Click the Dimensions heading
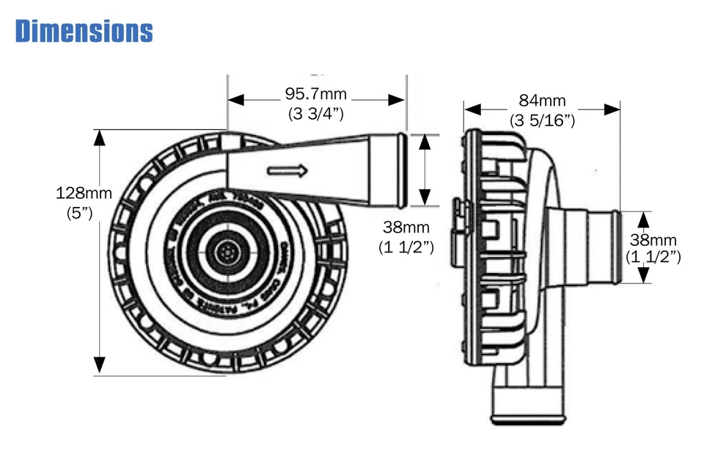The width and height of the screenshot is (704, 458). click(84, 30)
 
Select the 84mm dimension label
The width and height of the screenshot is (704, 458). click(542, 101)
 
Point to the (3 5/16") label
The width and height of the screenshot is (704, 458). click(542, 120)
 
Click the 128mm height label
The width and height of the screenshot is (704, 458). click(84, 193)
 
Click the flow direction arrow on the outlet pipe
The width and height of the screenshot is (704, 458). click(287, 171)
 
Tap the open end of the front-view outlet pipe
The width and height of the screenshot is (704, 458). click(400, 169)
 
